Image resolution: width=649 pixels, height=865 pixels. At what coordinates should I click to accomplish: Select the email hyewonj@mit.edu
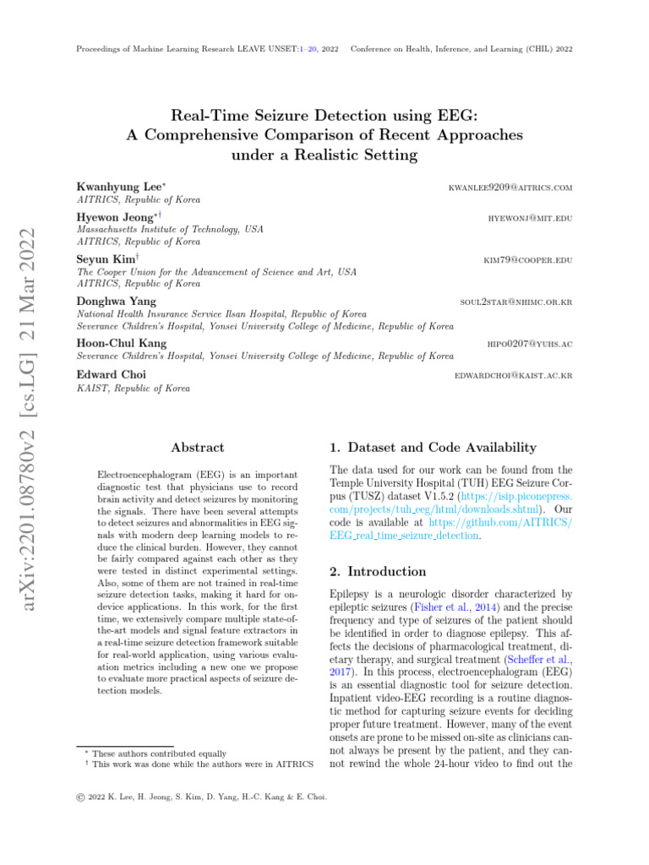pos(530,218)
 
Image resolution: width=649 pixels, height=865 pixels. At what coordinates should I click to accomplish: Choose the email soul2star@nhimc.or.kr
pos(515,301)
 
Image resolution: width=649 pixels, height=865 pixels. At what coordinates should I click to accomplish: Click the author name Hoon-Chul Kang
pos(122,343)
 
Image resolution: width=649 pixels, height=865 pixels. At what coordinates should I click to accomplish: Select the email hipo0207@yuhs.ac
pos(530,344)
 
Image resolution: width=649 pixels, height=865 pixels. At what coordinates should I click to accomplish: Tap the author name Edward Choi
pos(111,374)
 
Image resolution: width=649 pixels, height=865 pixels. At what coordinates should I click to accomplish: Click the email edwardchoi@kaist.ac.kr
pos(514,374)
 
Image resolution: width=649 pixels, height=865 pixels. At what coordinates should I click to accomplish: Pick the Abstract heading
pos(198,448)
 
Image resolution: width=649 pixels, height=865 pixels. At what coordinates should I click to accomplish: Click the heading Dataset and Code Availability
pos(431,448)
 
